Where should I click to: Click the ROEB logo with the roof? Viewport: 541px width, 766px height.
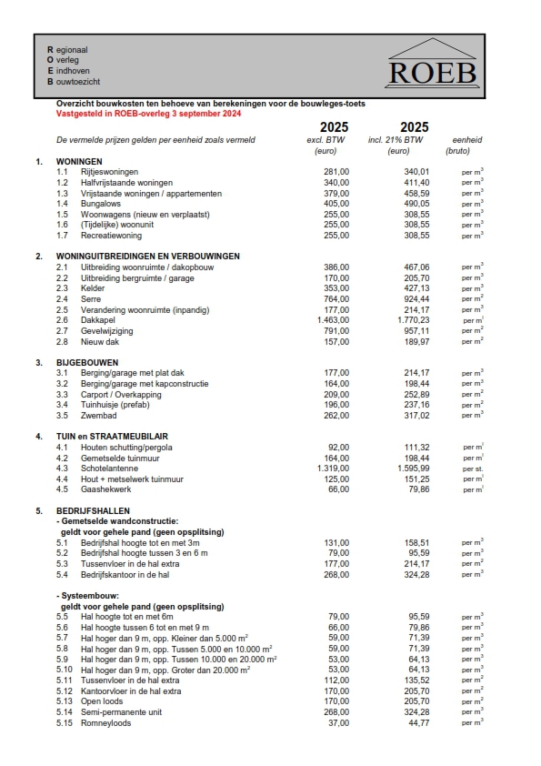coord(431,63)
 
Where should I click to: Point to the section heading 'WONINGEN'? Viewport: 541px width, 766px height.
coord(80,161)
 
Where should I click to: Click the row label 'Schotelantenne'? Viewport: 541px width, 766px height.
coord(110,469)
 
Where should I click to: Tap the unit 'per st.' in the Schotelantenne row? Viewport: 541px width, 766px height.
coord(471,469)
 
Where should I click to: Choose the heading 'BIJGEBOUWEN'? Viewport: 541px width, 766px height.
coord(85,362)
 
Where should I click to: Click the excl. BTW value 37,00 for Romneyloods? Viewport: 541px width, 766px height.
coord(337,722)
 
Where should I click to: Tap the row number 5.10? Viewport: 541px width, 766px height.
coord(65,670)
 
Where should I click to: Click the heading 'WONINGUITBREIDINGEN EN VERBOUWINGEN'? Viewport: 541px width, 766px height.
coord(147,257)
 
